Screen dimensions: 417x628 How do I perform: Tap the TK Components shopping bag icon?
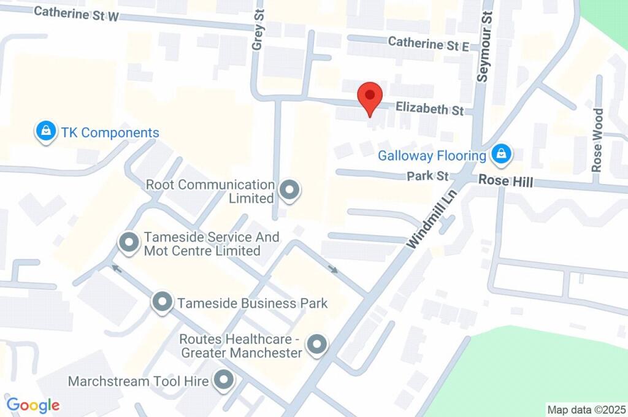click(45, 131)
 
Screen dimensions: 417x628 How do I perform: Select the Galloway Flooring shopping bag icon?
click(501, 154)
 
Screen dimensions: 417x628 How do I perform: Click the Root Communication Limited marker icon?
click(289, 191)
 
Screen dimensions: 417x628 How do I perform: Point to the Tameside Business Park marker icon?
click(162, 302)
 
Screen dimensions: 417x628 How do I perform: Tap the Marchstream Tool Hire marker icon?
click(223, 380)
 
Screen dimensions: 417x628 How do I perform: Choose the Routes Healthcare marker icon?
click(317, 345)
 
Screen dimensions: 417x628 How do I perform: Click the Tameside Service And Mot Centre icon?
click(129, 242)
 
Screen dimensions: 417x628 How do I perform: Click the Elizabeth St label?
click(429, 109)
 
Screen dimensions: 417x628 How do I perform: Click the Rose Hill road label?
click(505, 182)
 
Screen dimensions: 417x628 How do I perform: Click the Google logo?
click(33, 405)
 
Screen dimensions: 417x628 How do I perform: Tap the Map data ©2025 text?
click(586, 409)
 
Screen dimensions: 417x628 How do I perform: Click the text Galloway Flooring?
click(432, 156)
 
